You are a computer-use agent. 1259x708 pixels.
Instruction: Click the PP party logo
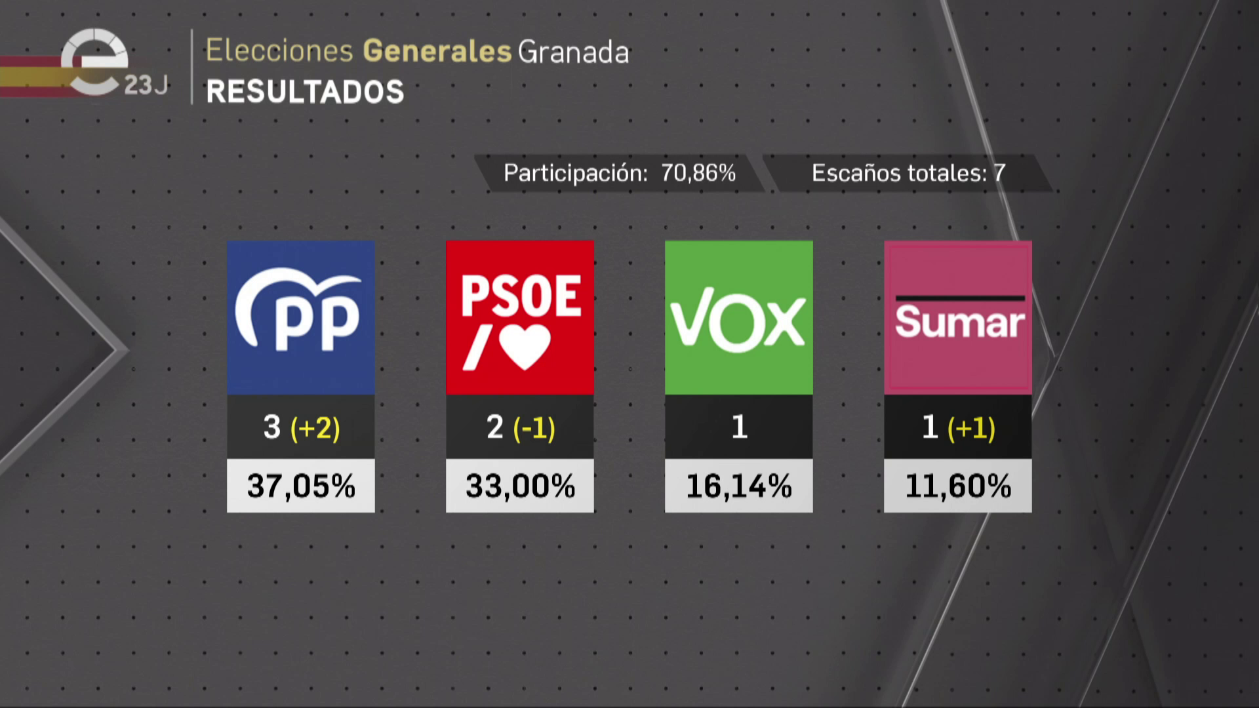point(300,317)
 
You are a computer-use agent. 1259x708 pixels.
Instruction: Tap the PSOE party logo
point(519,317)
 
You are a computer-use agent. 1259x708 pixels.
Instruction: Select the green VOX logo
point(738,317)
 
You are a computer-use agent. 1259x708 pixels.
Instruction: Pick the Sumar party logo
point(957,317)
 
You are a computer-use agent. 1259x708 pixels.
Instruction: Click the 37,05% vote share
point(301,486)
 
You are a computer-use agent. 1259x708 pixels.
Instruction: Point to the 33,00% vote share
point(520,486)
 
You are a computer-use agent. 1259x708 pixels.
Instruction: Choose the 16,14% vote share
point(739,486)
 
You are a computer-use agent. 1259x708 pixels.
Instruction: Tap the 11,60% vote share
point(958,486)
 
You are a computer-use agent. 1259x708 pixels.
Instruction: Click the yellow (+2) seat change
point(315,428)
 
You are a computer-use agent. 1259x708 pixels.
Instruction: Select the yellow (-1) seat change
point(534,428)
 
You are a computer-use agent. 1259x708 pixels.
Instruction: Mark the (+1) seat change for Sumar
point(972,428)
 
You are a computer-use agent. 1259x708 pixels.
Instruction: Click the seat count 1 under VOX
point(739,427)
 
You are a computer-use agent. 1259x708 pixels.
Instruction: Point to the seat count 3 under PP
point(272,427)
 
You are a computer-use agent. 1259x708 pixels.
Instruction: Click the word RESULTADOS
point(305,92)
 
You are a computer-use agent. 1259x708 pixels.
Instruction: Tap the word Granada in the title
point(574,52)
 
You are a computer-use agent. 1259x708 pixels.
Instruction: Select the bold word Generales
point(437,51)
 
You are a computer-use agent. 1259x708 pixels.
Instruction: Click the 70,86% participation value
point(698,173)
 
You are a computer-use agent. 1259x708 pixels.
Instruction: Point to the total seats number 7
point(999,173)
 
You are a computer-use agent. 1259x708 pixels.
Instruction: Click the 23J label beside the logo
point(146,85)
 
